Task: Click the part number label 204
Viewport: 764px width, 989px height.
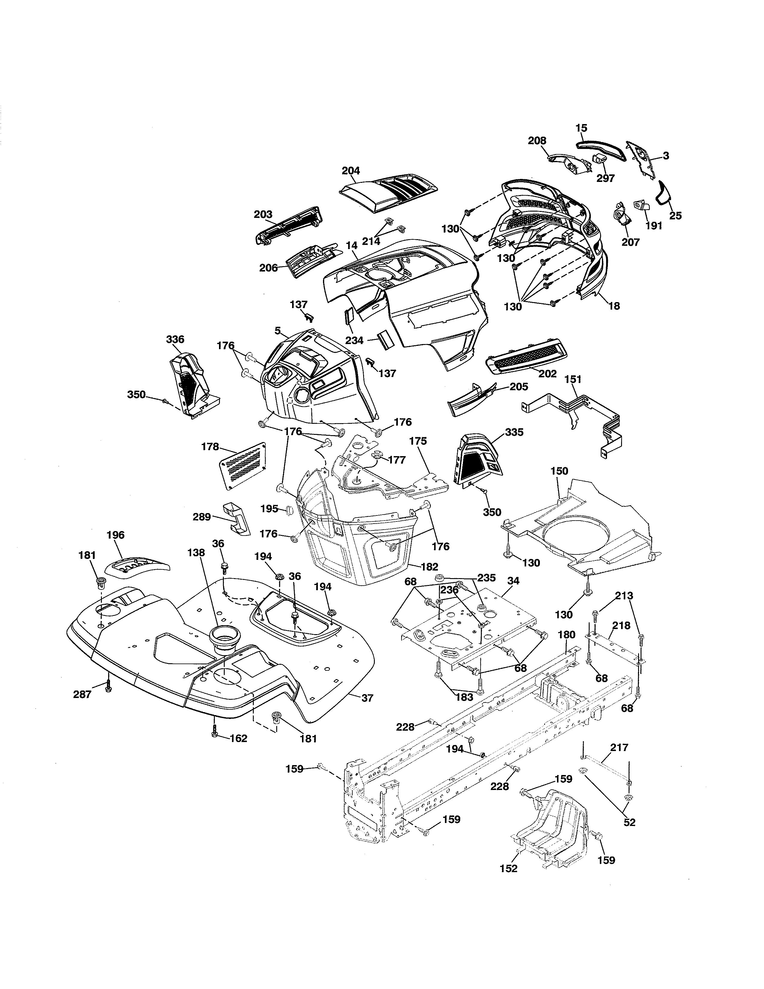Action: pyautogui.click(x=351, y=171)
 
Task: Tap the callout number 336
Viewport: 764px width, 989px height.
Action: pyautogui.click(x=175, y=339)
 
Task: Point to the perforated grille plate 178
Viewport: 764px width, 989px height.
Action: pyautogui.click(x=243, y=465)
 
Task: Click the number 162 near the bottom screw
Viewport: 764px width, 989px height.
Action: pyautogui.click(x=238, y=738)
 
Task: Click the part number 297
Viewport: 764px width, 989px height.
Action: pyautogui.click(x=606, y=178)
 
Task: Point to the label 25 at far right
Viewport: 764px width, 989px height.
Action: pyautogui.click(x=675, y=215)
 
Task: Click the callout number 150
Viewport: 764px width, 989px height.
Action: pyautogui.click(x=559, y=471)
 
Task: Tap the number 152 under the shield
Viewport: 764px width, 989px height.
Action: pyautogui.click(x=509, y=868)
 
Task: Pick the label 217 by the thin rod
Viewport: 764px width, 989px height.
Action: pyautogui.click(x=619, y=748)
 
